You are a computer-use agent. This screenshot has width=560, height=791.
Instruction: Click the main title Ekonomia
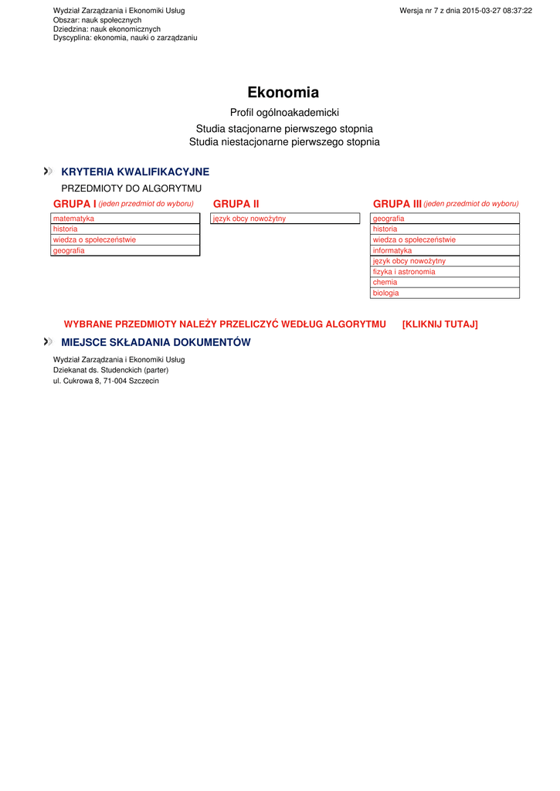tap(283, 93)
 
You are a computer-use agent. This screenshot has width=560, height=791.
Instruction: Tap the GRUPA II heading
tap(236, 204)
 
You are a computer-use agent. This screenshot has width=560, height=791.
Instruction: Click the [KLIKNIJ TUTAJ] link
tap(440, 324)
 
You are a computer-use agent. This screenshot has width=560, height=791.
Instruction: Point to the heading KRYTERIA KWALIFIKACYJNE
tap(135, 171)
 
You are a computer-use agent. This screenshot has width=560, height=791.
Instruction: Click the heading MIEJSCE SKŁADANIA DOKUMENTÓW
tap(156, 342)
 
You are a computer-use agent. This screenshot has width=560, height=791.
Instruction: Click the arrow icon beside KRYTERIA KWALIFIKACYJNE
tap(49, 171)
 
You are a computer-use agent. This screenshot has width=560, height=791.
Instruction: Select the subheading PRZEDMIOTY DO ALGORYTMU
tap(131, 188)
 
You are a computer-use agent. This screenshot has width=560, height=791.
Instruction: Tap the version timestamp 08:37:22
tap(516, 10)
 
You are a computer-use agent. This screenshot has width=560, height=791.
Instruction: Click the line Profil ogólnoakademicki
tap(284, 113)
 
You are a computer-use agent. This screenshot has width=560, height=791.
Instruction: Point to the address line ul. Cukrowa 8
tap(106, 381)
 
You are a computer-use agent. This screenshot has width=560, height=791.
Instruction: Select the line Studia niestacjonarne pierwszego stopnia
tap(284, 142)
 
